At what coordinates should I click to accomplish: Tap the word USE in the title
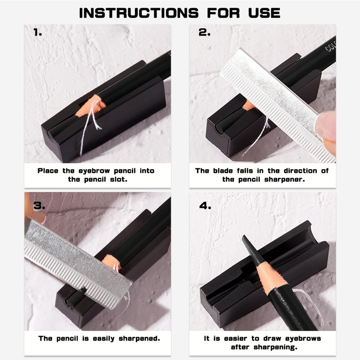(x=264, y=13)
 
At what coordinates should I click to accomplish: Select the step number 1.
(x=38, y=32)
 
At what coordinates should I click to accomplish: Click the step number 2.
(x=204, y=32)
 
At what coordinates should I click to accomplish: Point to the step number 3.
(x=39, y=206)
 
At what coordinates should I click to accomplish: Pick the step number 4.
(x=205, y=206)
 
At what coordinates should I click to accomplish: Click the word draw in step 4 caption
(x=272, y=338)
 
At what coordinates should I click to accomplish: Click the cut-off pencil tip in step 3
(x=76, y=297)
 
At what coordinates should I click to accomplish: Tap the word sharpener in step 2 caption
(x=285, y=180)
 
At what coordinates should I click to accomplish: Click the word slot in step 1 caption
(x=118, y=180)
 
